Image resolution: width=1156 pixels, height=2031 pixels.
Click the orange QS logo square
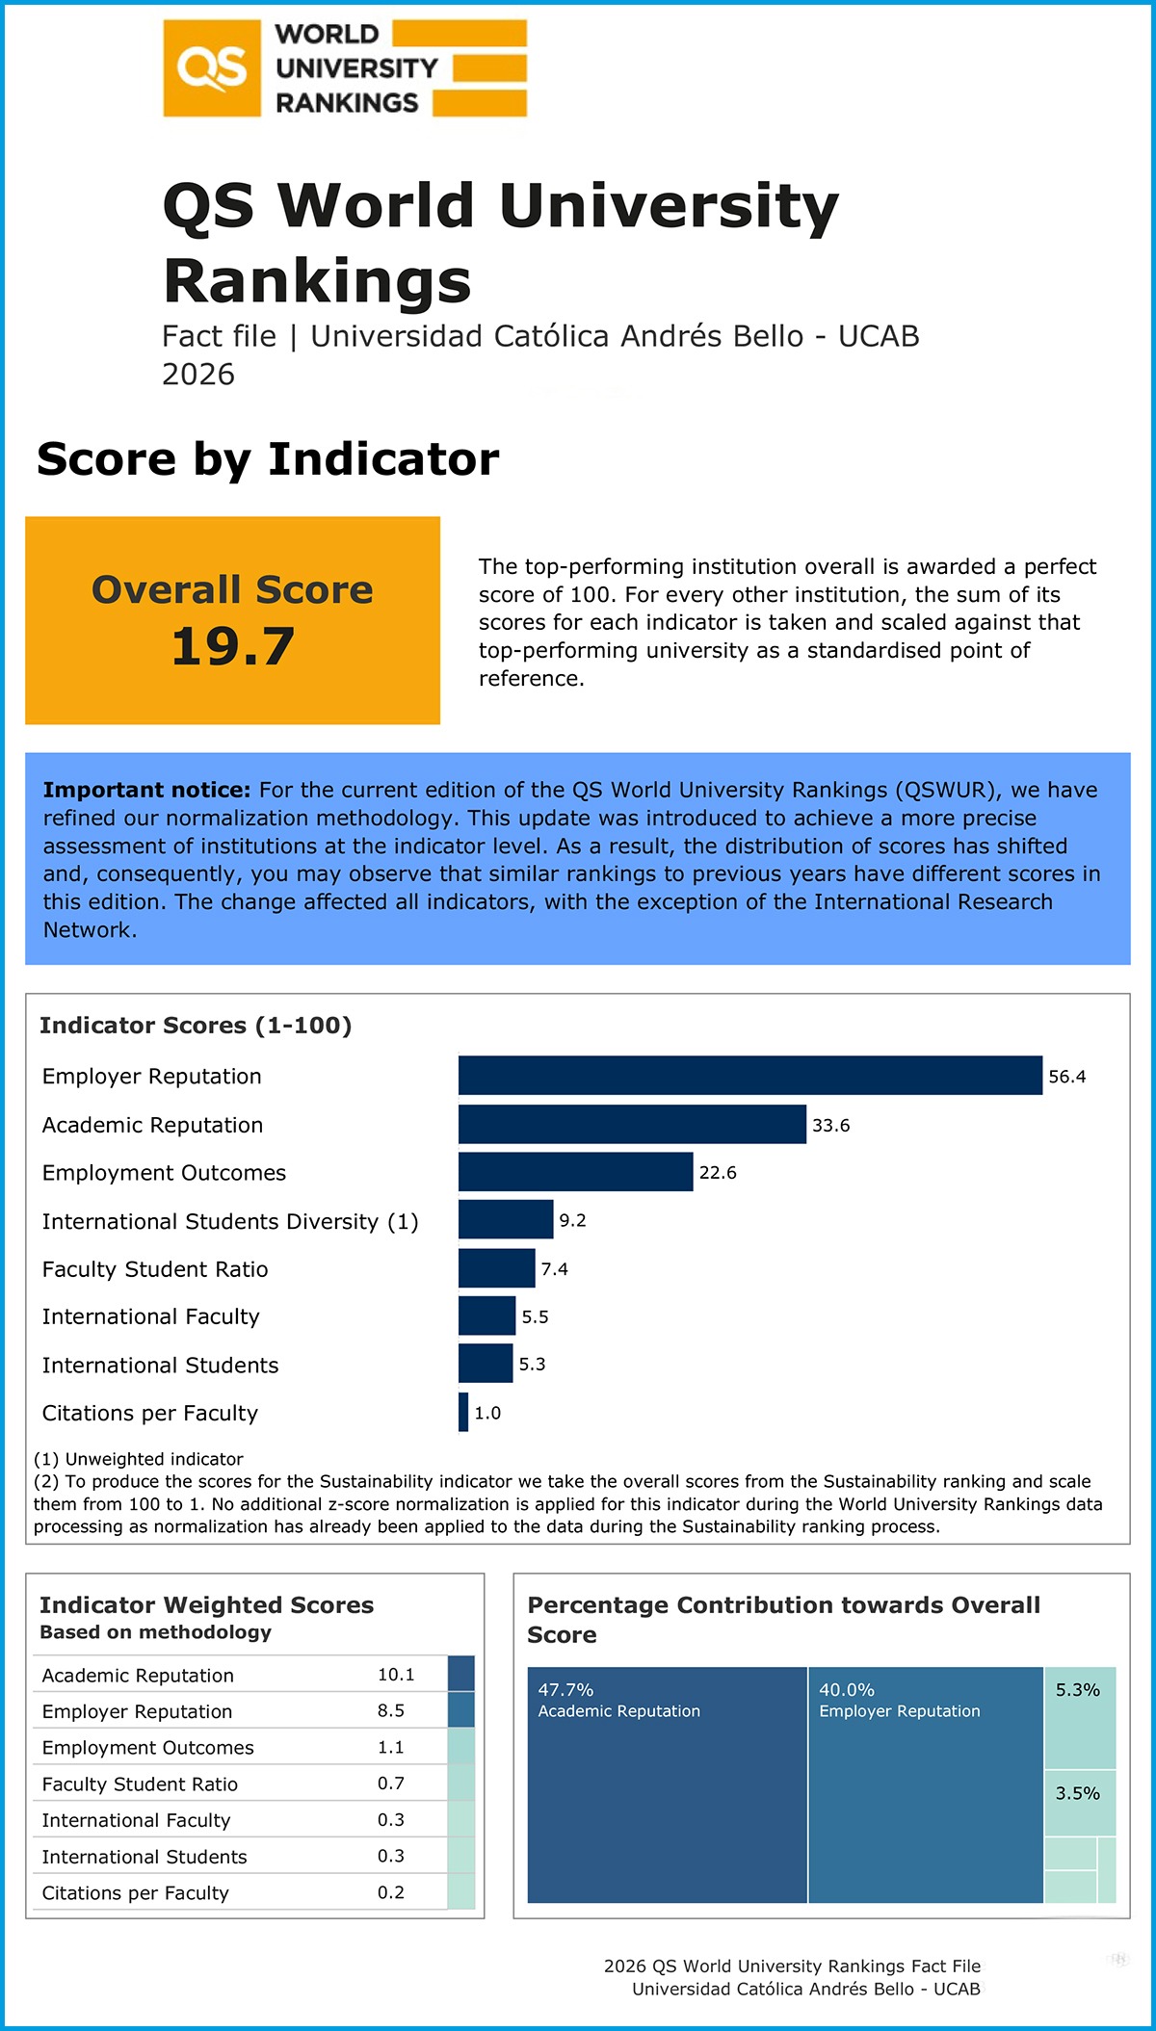tap(212, 68)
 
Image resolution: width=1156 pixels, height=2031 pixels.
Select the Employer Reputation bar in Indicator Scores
tap(749, 1076)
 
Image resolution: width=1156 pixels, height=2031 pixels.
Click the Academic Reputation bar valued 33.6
tap(632, 1124)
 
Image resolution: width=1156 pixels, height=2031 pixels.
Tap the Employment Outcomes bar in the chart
tap(575, 1172)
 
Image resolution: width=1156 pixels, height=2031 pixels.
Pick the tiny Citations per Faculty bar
tap(463, 1413)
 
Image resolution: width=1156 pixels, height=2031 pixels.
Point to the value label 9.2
tap(572, 1220)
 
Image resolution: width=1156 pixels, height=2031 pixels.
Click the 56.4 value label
tap(1066, 1077)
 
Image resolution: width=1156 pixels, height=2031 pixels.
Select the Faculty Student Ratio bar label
tap(155, 1269)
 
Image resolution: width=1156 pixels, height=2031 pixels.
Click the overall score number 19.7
tap(232, 646)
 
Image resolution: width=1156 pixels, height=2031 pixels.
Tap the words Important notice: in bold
tap(146, 790)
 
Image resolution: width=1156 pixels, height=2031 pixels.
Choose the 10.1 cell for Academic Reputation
tap(396, 1675)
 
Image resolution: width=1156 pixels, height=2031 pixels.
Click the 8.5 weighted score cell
tap(391, 1710)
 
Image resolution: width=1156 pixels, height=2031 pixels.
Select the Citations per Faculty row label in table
tap(136, 1892)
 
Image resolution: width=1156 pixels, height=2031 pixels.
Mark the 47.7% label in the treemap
tap(565, 1690)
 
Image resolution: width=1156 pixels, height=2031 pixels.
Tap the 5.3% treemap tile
tap(1080, 1717)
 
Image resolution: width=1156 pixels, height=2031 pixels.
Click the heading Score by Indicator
tap(268, 459)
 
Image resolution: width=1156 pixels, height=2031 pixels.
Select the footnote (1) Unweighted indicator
tap(139, 1459)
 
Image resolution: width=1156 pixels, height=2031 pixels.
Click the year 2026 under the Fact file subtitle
tap(198, 374)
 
